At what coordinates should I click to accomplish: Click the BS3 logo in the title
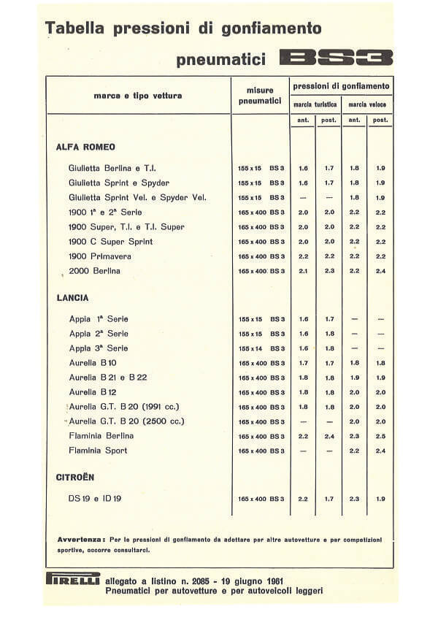(x=337, y=58)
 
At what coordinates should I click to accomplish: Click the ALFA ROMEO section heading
(x=85, y=147)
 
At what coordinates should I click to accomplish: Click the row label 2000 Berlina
(x=94, y=271)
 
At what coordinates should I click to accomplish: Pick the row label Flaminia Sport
(x=98, y=451)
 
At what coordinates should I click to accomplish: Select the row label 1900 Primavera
(x=101, y=256)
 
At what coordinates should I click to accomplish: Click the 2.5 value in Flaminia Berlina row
(x=380, y=437)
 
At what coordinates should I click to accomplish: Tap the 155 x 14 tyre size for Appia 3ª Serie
(x=250, y=348)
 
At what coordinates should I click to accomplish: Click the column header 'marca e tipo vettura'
(x=138, y=96)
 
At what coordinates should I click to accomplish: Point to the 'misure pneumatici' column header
(x=260, y=96)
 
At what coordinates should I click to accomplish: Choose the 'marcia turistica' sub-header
(x=315, y=104)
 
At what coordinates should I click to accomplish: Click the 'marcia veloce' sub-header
(x=367, y=104)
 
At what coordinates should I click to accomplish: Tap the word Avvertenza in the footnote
(x=81, y=539)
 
